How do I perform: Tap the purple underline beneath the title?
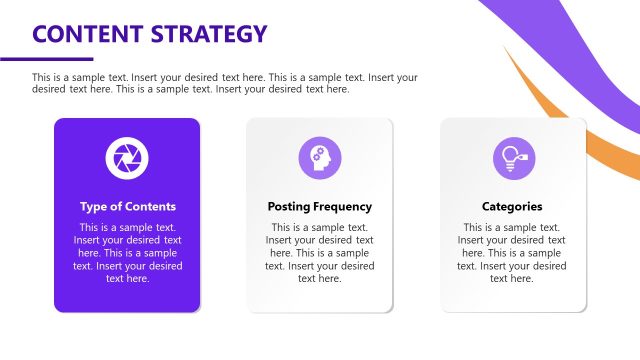pyautogui.click(x=46, y=59)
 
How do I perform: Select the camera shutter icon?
pyautogui.click(x=127, y=156)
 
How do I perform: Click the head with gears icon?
pyautogui.click(x=319, y=156)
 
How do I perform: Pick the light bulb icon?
pyautogui.click(x=512, y=156)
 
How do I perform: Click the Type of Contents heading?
pyautogui.click(x=127, y=207)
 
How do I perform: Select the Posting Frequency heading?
pyautogui.click(x=319, y=207)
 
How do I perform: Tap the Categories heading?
pyautogui.click(x=512, y=207)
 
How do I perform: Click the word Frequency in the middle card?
pyautogui.click(x=342, y=207)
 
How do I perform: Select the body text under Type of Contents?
pyautogui.click(x=127, y=253)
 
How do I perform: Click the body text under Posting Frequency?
pyautogui.click(x=319, y=253)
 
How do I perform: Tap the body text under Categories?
pyautogui.click(x=512, y=253)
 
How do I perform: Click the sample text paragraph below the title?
pyautogui.click(x=225, y=83)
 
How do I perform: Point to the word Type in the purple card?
pyautogui.click(x=94, y=207)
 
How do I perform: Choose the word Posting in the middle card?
pyautogui.click(x=289, y=207)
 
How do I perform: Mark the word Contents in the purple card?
pyautogui.click(x=150, y=207)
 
